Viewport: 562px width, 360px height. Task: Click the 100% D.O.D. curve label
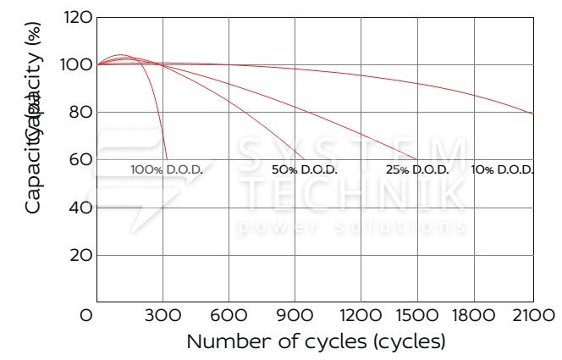(167, 169)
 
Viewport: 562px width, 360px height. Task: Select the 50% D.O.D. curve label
(305, 169)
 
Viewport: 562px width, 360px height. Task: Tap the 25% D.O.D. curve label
(417, 169)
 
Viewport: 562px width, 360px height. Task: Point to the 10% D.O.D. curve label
(503, 169)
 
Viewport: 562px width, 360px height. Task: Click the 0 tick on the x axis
(86, 315)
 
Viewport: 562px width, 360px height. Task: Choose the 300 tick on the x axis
(163, 315)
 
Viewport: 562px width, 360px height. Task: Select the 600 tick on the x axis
(229, 315)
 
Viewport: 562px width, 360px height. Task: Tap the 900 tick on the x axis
(295, 315)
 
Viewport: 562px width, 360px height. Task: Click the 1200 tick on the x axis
(361, 315)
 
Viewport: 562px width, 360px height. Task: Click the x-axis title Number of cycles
(315, 342)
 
